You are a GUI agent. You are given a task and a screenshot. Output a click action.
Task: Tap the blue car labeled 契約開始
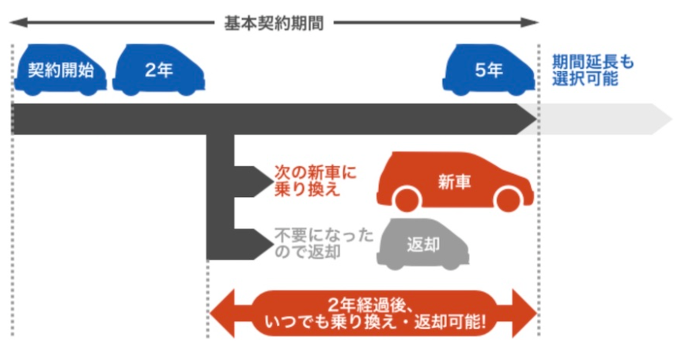pos(60,70)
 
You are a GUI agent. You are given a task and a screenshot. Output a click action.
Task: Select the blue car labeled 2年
pos(159,70)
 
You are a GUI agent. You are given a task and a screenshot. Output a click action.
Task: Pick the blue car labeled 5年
pos(488,70)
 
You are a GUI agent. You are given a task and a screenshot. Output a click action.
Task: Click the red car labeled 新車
pos(454,182)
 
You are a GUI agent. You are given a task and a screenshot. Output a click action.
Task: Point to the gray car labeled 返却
pos(423,241)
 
